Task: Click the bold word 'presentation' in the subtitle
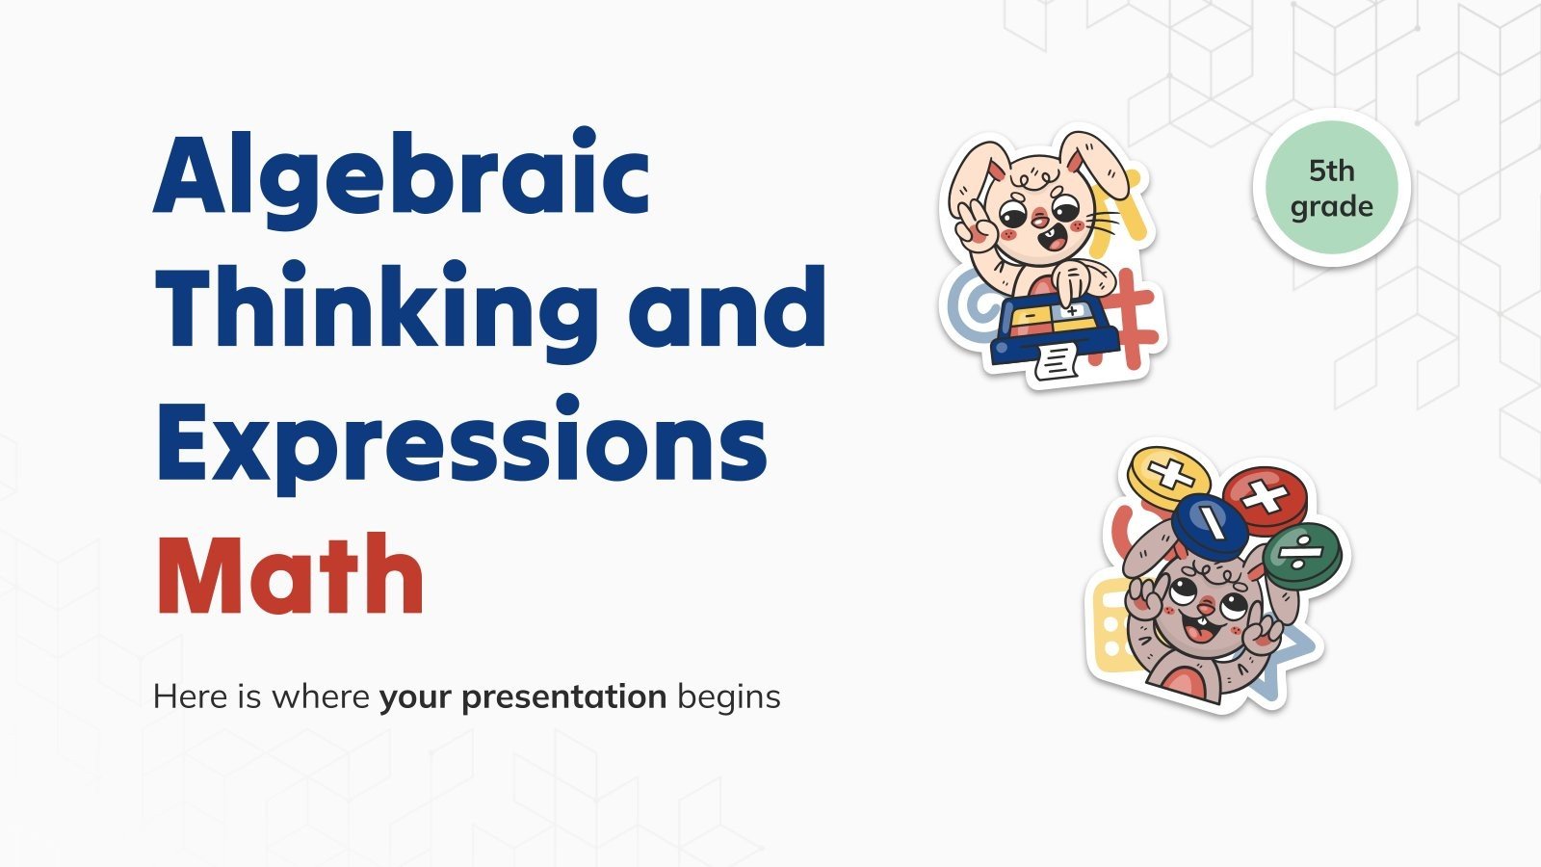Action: [x=522, y=696]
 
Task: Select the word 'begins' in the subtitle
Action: [x=728, y=696]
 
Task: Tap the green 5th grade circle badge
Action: [x=1331, y=188]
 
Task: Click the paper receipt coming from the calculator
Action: [x=1058, y=363]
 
